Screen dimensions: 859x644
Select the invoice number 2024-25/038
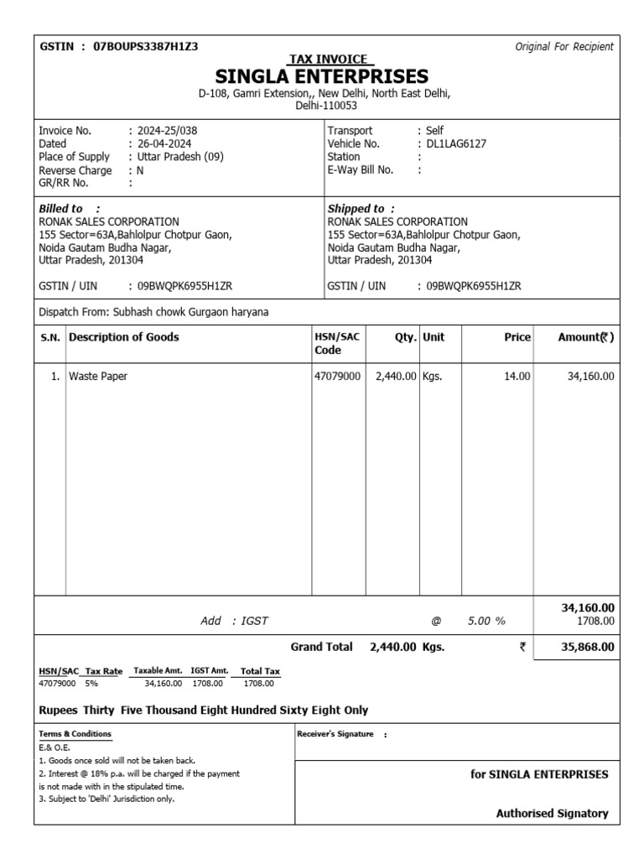(168, 131)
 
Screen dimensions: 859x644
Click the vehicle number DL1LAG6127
(456, 143)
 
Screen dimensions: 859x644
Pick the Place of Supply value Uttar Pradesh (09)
(179, 157)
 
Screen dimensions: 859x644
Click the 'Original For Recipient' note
(563, 46)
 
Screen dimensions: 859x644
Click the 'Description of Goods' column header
(123, 337)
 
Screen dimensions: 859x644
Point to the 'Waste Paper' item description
(98, 377)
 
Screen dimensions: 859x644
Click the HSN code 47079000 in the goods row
(337, 377)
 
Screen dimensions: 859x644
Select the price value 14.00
(517, 377)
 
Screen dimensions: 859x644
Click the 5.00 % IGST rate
(486, 621)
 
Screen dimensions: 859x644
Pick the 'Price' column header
(517, 337)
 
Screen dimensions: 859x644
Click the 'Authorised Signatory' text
(552, 813)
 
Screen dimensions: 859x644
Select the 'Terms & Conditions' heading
(75, 734)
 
